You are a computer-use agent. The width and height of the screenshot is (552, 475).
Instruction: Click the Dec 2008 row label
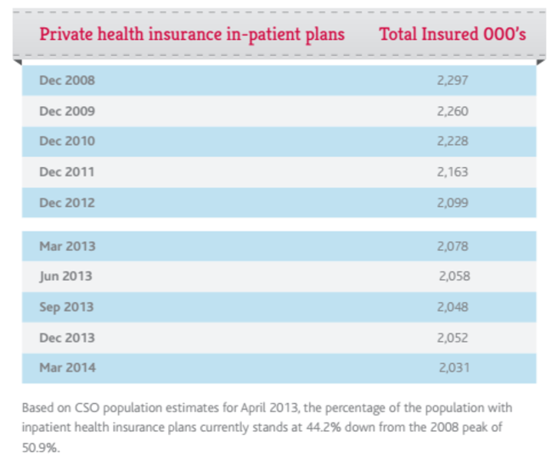click(x=67, y=81)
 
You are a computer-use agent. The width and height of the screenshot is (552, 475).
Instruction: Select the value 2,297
click(x=453, y=81)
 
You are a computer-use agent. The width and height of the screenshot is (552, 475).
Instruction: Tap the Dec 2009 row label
click(x=67, y=111)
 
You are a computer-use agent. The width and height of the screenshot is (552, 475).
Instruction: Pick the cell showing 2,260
click(x=453, y=111)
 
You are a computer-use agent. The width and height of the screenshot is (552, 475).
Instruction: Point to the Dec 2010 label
click(x=67, y=142)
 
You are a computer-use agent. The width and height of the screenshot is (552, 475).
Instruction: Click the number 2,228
click(x=453, y=142)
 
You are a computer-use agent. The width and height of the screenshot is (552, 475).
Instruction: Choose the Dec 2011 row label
click(x=67, y=172)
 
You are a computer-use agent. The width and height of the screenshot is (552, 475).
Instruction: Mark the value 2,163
click(x=453, y=172)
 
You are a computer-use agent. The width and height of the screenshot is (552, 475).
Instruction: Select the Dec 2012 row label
click(x=67, y=203)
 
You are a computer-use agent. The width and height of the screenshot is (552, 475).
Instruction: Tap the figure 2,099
click(x=453, y=203)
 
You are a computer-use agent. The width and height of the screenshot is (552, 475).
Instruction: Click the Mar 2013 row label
click(x=67, y=246)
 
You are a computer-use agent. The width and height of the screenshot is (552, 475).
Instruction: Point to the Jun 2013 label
click(x=66, y=277)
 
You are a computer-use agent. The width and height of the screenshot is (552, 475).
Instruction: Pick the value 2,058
click(x=454, y=277)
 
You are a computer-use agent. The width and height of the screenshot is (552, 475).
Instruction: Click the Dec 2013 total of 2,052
click(x=453, y=338)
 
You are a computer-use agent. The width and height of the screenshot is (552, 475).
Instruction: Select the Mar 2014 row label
click(x=67, y=368)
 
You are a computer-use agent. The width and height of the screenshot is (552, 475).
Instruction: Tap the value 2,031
click(x=454, y=368)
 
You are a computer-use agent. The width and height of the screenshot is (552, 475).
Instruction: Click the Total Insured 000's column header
click(x=453, y=35)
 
